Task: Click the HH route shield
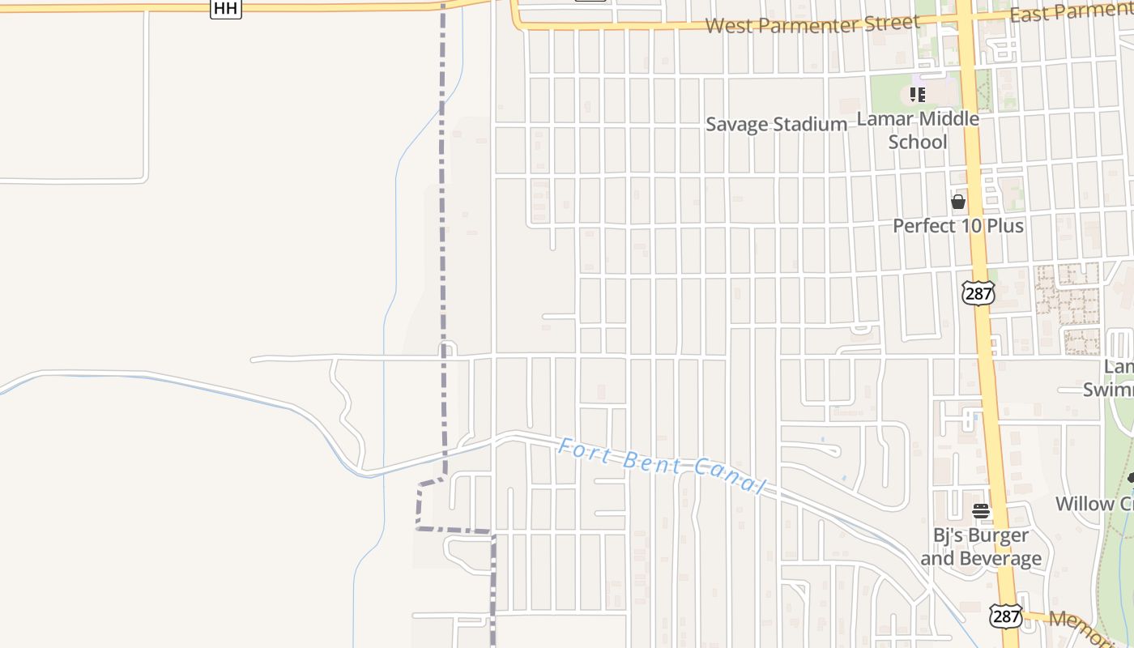(x=225, y=8)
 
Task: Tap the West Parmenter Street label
(x=812, y=23)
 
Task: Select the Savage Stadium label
(x=776, y=124)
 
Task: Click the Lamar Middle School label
(x=918, y=130)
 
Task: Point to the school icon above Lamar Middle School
(x=917, y=95)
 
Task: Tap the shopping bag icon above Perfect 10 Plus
(x=958, y=202)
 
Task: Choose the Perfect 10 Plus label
(x=958, y=225)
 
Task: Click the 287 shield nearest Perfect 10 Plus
(x=978, y=293)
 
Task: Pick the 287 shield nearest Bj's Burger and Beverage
(x=1005, y=616)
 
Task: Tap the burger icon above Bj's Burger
(x=981, y=511)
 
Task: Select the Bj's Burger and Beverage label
(x=981, y=547)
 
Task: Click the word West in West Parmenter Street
(x=725, y=26)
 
